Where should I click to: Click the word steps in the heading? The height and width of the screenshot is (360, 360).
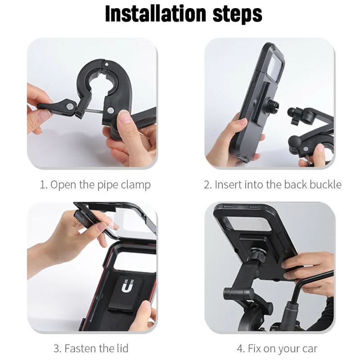point(238,15)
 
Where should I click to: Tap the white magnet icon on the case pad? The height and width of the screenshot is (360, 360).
point(127,286)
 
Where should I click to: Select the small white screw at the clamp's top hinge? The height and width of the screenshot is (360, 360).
point(106,64)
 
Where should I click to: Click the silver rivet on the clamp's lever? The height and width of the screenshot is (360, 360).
point(70,106)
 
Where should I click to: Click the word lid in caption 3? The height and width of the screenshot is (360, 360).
point(122,348)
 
